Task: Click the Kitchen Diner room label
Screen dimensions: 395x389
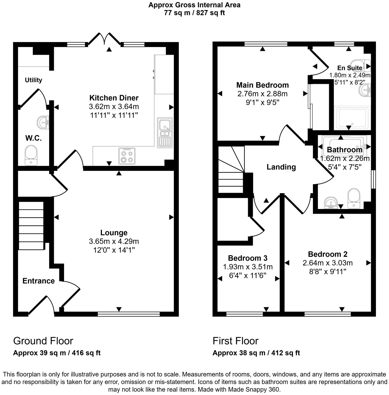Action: tap(114, 98)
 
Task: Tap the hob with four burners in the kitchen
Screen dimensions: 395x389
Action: tap(127, 156)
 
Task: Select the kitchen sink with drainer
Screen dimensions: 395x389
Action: tap(165, 133)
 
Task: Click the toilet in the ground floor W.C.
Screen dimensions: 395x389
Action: tap(31, 155)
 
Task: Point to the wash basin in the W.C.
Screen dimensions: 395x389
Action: tap(43, 122)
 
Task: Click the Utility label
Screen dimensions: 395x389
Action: tap(33, 80)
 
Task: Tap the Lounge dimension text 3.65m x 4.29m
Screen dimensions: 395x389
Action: tap(114, 241)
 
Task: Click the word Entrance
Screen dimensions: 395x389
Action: tap(38, 281)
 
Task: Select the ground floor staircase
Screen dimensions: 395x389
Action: tap(31, 225)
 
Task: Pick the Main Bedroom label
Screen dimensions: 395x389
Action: tap(262, 85)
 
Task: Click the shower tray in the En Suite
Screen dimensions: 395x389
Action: tap(352, 118)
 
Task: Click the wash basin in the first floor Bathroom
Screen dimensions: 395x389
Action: tap(331, 203)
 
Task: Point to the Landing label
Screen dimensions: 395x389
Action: tap(281, 167)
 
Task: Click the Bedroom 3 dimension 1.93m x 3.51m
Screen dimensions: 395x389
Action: tap(248, 267)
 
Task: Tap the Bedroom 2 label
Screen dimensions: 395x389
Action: tap(328, 254)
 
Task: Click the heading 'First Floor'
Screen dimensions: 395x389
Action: tap(235, 341)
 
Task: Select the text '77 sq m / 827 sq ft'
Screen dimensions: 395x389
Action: tap(194, 13)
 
